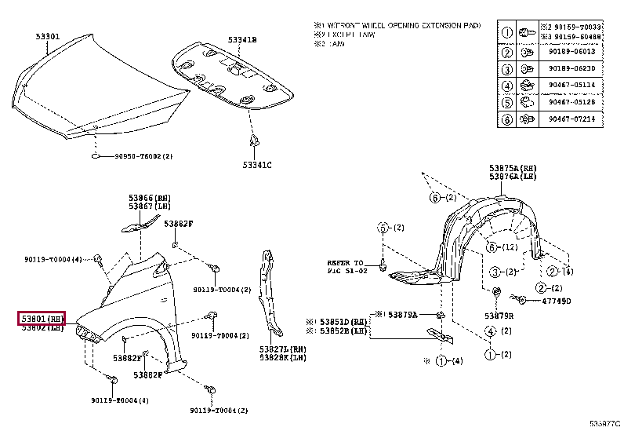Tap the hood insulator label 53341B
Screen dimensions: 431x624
pyautogui.click(x=243, y=39)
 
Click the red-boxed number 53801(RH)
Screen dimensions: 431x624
pyautogui.click(x=43, y=318)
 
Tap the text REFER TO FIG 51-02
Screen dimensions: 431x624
pyautogui.click(x=346, y=266)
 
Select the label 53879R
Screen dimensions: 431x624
pyautogui.click(x=499, y=316)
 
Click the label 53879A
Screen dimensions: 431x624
pyautogui.click(x=405, y=314)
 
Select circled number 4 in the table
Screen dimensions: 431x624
pyautogui.click(x=506, y=86)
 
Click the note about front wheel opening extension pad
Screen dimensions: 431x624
pyautogui.click(x=396, y=26)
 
